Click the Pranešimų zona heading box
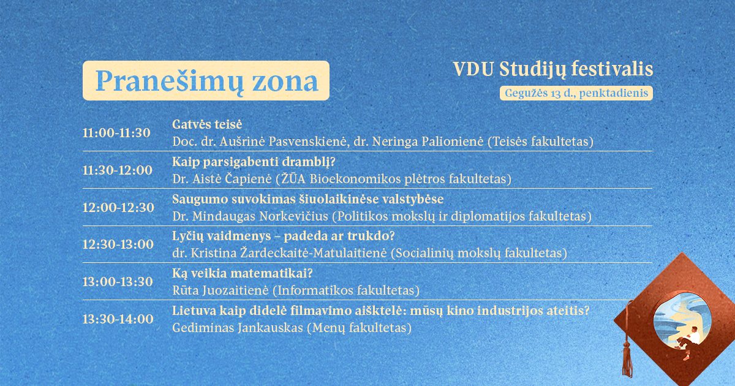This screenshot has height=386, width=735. point(206,80)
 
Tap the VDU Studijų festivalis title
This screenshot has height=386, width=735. point(553,70)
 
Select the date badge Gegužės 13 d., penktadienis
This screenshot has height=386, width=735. point(576,93)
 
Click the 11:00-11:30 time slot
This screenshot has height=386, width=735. point(116,133)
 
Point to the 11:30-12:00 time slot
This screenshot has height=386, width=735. point(118,170)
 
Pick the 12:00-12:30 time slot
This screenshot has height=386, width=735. point(118,208)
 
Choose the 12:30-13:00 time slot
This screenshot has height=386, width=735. point(118,244)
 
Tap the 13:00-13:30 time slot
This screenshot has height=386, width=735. point(118,282)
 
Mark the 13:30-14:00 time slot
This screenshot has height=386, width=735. point(118,319)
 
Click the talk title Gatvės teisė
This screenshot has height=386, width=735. point(207,124)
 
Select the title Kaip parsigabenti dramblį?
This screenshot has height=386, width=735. point(254,162)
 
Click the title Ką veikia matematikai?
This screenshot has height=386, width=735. point(243,273)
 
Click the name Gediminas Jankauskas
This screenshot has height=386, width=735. point(238,328)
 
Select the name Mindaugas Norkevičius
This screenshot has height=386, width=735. point(260,216)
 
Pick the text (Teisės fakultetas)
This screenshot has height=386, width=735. point(540,142)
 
